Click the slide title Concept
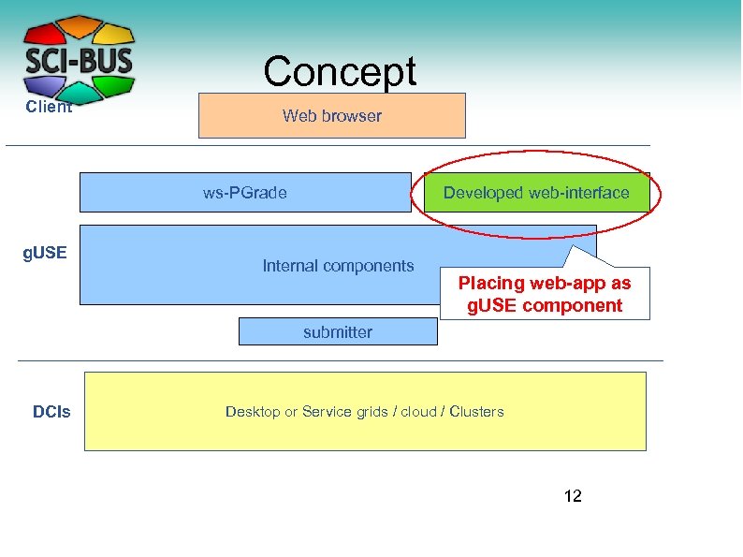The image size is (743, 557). [x=339, y=71]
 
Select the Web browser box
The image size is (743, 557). [x=331, y=116]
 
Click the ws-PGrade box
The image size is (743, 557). [x=244, y=193]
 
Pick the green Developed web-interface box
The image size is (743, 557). [x=535, y=193]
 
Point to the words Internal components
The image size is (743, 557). [x=338, y=266]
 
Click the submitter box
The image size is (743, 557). [x=337, y=331]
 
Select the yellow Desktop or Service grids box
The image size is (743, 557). [x=365, y=412]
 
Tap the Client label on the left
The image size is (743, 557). [x=49, y=107]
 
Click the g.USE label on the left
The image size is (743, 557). [x=45, y=253]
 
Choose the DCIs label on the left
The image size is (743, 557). [x=51, y=412]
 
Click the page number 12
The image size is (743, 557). [x=573, y=496]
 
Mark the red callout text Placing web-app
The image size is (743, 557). [x=545, y=283]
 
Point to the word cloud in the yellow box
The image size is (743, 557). [x=418, y=412]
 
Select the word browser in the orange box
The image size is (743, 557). [x=352, y=116]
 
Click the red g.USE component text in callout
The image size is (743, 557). [x=545, y=305]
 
